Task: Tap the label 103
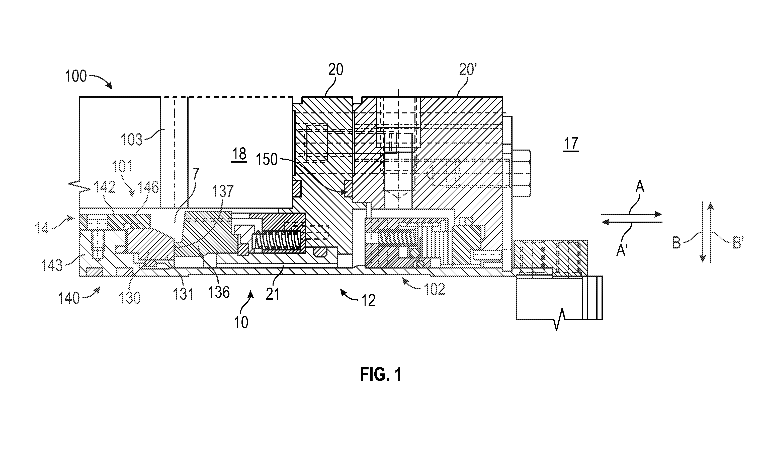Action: point(132,140)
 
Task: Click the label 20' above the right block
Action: point(468,70)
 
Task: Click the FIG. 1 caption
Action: point(381,374)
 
